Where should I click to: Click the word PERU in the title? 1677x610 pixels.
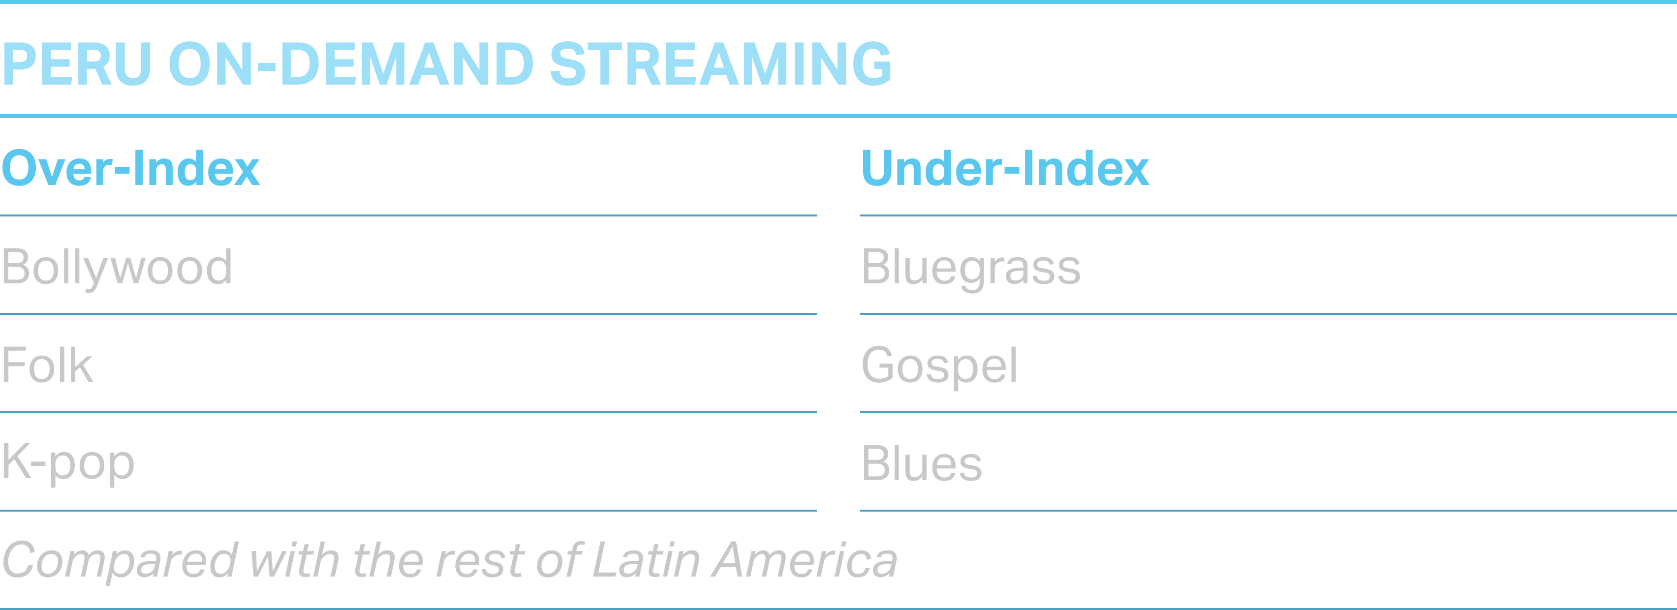[x=77, y=64]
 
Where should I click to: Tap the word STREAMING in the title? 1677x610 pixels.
[x=721, y=64]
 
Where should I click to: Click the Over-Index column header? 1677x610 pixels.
[x=131, y=168]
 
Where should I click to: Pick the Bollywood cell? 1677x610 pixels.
[x=117, y=268]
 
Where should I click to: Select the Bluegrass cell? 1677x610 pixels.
[x=971, y=268]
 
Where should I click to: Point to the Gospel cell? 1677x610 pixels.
[x=939, y=366]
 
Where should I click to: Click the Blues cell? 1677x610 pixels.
[x=922, y=463]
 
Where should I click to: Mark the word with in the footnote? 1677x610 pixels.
[x=295, y=559]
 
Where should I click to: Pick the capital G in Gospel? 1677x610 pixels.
[x=880, y=365]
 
